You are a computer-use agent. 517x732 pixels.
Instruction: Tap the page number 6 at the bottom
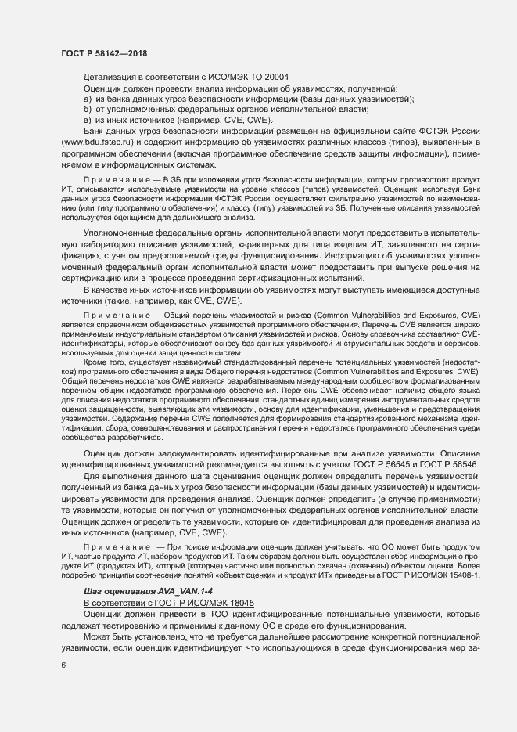tap(63, 665)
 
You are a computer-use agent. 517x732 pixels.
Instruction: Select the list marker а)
tap(89, 99)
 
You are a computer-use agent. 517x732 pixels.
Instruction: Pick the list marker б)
tap(89, 110)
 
